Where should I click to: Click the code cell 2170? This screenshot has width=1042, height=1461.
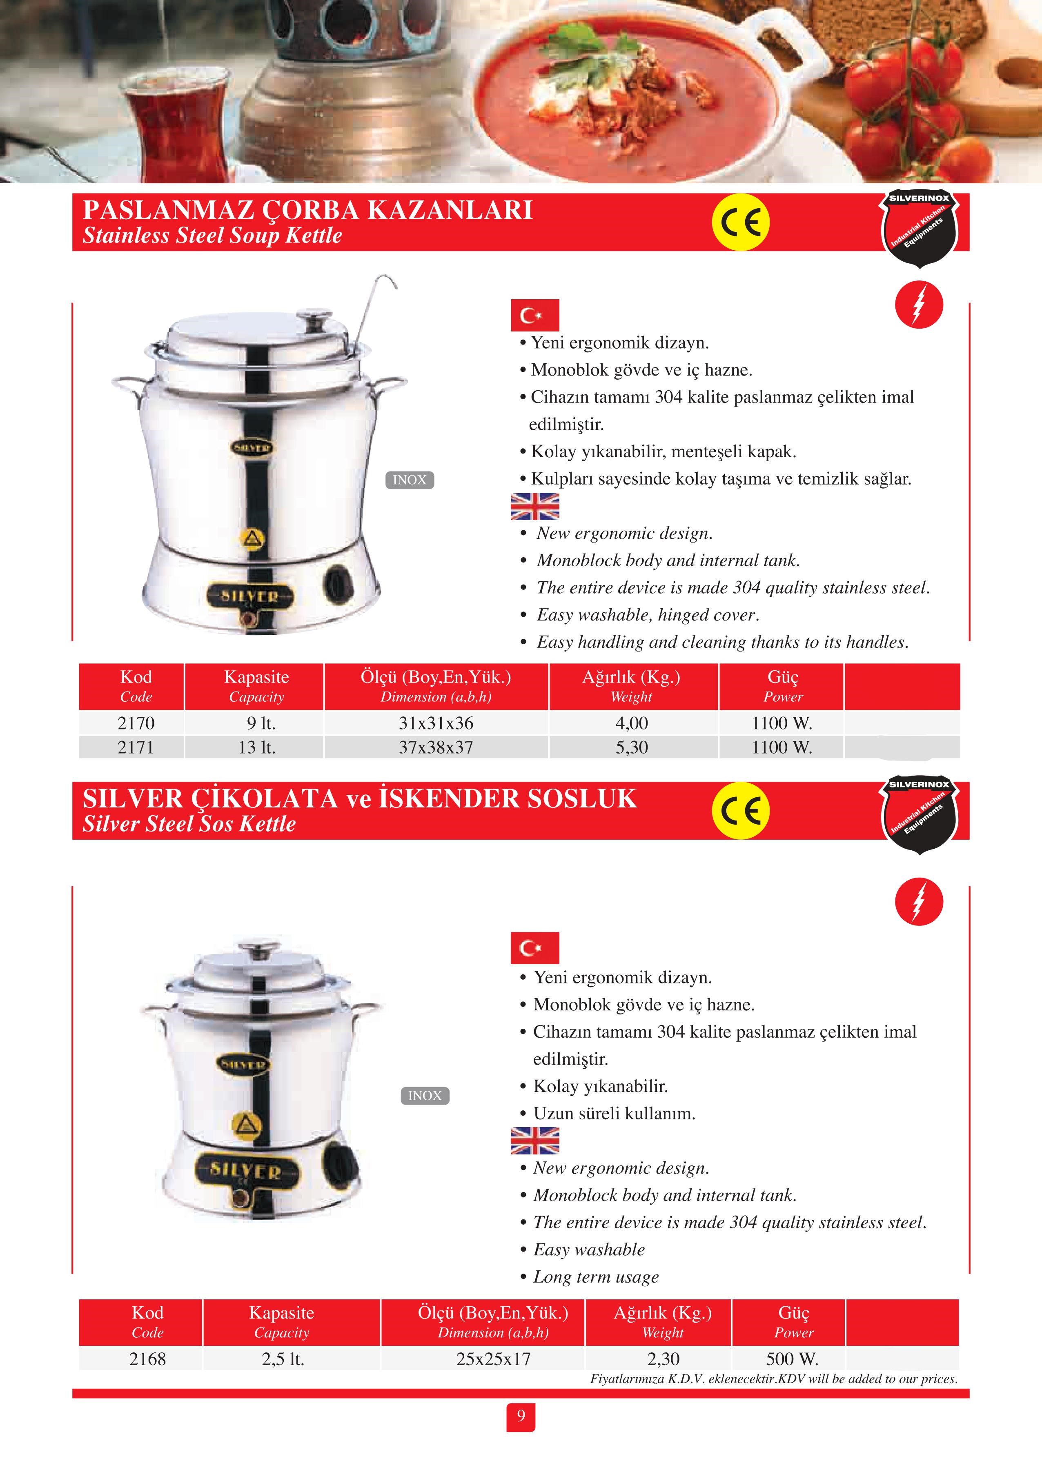click(x=136, y=723)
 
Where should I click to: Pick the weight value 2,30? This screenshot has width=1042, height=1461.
click(x=663, y=1359)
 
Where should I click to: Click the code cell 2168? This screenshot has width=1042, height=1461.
click(x=147, y=1359)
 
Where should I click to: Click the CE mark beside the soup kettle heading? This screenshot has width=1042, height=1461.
click(x=740, y=222)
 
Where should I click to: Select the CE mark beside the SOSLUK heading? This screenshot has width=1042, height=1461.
click(x=740, y=811)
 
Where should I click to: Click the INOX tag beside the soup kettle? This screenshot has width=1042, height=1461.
click(x=410, y=480)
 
